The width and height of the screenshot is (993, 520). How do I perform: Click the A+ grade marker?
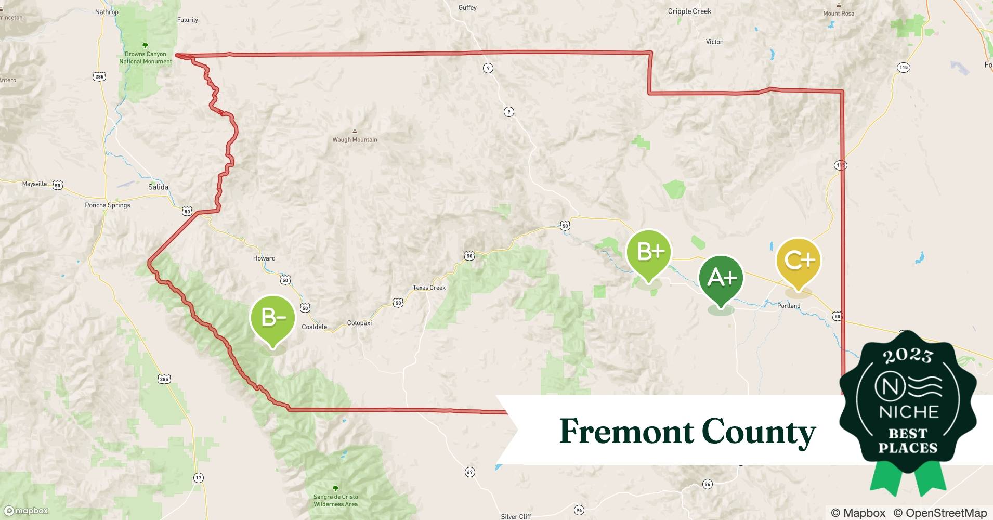pos(721,279)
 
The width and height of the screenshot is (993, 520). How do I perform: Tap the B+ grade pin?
pos(649,253)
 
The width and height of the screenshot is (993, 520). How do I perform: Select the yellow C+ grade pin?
pos(799,261)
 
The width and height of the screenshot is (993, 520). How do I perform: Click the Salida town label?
pos(158,187)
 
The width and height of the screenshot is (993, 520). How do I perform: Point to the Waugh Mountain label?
pos(355,139)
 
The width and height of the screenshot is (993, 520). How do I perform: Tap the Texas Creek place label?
pos(429,288)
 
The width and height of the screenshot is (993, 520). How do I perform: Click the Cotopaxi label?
pos(359,323)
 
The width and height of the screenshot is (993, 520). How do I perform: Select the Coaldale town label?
pos(315,327)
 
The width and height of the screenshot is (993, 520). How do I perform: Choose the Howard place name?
pos(264,258)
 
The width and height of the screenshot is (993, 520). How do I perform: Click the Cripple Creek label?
pos(689,11)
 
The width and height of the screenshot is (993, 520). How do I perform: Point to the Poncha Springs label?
pos(108,205)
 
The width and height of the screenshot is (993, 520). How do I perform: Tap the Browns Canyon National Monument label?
pos(145,58)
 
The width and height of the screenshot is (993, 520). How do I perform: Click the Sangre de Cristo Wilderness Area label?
pos(335,500)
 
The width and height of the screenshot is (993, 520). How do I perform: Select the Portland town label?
pos(789,306)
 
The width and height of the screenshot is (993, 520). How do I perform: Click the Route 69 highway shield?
pos(469,472)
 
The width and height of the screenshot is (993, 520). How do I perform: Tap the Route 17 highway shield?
pos(198,477)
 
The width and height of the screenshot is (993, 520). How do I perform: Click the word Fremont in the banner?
pos(626,432)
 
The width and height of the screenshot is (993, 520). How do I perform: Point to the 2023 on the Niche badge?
pos(908,355)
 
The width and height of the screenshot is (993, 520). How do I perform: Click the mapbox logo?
pos(27,511)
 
